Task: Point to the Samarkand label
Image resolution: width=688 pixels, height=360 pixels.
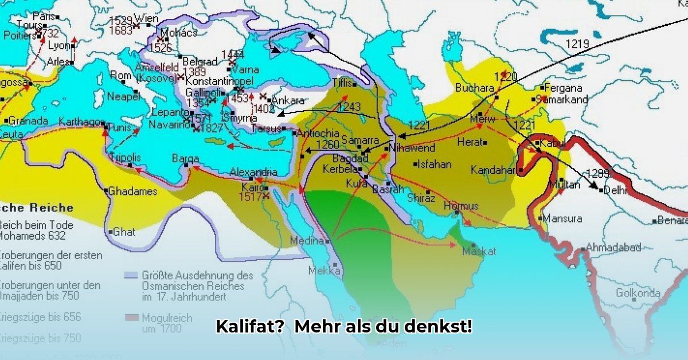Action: (x=565, y=99)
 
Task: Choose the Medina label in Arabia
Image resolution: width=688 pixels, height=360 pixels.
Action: (x=307, y=241)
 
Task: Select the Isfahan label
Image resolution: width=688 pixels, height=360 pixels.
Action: (x=435, y=164)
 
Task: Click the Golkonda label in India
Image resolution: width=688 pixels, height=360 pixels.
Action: (x=638, y=293)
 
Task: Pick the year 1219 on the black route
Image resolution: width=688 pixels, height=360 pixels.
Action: (x=577, y=44)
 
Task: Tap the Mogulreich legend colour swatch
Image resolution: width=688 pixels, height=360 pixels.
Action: (x=131, y=317)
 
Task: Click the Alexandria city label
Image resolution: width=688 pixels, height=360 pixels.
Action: (x=253, y=172)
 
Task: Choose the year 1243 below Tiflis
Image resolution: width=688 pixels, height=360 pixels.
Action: (x=350, y=107)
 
